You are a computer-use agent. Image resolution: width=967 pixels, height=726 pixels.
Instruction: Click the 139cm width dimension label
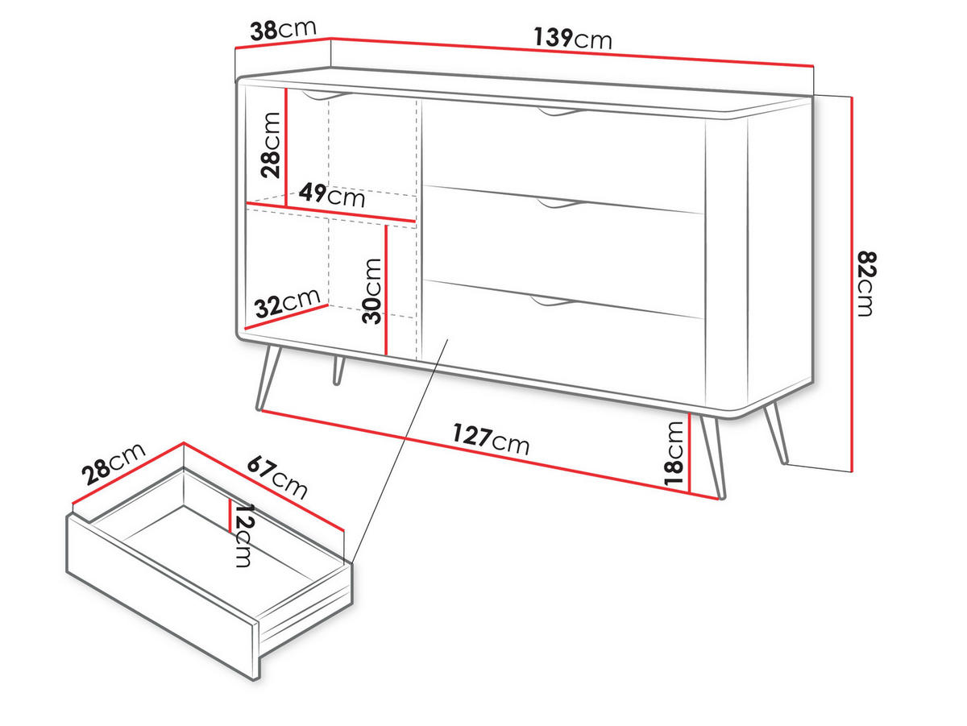pos(572,38)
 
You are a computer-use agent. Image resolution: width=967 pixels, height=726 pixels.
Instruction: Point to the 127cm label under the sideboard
pos(490,438)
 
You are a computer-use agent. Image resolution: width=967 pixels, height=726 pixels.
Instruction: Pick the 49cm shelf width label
pos(331,195)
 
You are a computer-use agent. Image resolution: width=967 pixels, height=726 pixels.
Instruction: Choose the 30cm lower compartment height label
pos(371,290)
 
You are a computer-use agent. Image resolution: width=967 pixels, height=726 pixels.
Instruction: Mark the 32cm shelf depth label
pos(287,304)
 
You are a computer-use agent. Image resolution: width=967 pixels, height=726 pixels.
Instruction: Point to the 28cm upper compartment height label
pos(271,144)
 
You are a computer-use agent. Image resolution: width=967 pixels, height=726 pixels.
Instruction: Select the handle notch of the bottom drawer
pos(552,301)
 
